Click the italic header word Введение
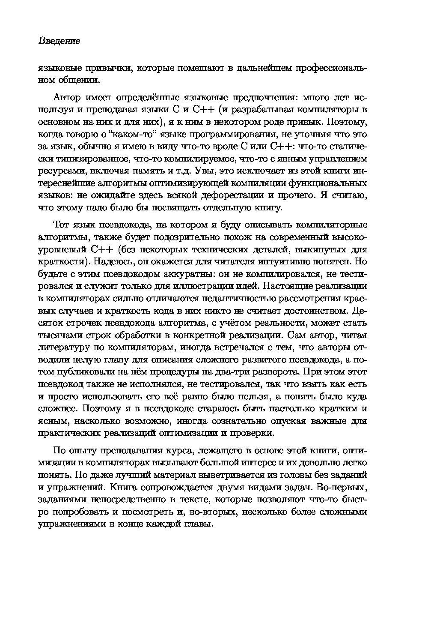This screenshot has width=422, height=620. [59, 41]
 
